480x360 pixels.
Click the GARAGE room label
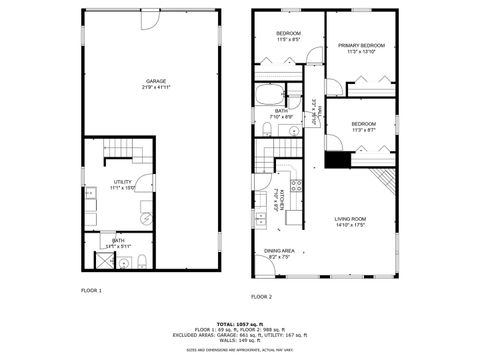(156, 81)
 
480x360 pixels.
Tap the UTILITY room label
(123, 181)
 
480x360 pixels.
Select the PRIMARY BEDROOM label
(361, 46)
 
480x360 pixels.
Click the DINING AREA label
(278, 251)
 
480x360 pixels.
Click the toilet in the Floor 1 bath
(142, 262)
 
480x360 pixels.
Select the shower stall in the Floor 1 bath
(103, 261)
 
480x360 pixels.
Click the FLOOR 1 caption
(92, 290)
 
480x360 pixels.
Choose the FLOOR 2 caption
(261, 297)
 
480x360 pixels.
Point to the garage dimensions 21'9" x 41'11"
(156, 88)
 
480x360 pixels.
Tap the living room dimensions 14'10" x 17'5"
(350, 225)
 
